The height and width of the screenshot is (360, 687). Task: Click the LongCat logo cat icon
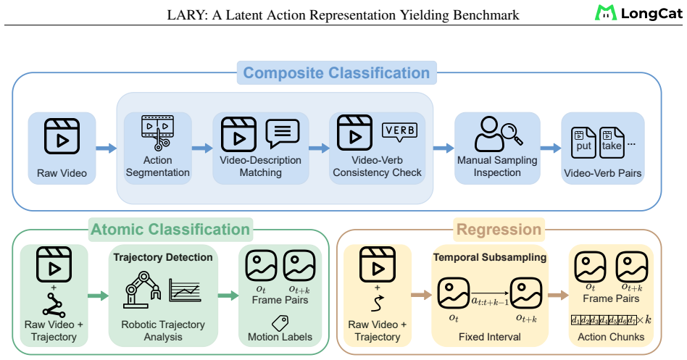(x=606, y=13)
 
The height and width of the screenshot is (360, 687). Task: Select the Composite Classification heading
(x=336, y=72)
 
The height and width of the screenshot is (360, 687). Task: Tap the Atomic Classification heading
(x=170, y=229)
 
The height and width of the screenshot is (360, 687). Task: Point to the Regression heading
(x=499, y=229)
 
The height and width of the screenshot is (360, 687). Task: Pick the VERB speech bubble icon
(x=399, y=132)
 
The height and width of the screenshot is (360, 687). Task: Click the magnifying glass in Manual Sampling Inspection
(x=512, y=133)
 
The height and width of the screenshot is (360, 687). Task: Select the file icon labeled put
(x=583, y=143)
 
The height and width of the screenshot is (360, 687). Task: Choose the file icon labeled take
(x=612, y=143)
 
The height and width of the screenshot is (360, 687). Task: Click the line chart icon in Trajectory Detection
(x=185, y=290)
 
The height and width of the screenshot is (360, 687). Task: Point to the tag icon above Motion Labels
(x=280, y=323)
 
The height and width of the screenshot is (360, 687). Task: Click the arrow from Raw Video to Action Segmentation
(x=106, y=148)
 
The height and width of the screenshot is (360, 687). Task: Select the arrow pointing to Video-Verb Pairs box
(x=550, y=148)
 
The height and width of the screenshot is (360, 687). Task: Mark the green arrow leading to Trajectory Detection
(x=98, y=296)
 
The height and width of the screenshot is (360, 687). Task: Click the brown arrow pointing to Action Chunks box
(x=558, y=296)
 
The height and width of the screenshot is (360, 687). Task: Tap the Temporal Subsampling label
(x=490, y=257)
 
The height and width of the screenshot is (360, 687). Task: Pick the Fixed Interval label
(x=490, y=337)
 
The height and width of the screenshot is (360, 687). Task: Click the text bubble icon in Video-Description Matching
(x=283, y=133)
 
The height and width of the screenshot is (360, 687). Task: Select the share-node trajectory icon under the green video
(x=54, y=305)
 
